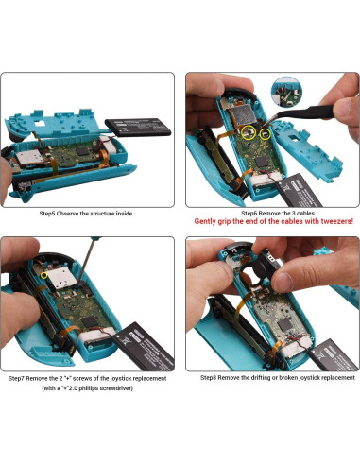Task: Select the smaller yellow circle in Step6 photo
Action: (x=267, y=134)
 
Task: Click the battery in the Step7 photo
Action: (x=141, y=336)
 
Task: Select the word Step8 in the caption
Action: (x=213, y=378)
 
